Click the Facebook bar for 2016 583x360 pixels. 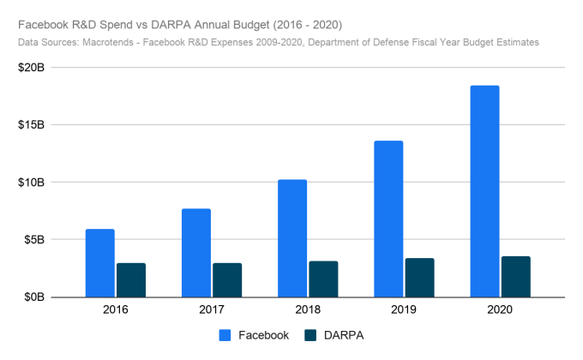tap(99, 263)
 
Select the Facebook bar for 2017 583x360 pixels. tap(195, 253)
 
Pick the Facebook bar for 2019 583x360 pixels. tap(388, 219)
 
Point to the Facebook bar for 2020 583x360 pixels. tap(484, 191)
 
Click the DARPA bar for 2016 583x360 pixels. tap(131, 280)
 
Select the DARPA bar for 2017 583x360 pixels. tap(227, 280)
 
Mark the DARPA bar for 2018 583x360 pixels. tap(323, 279)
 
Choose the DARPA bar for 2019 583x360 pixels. tap(419, 278)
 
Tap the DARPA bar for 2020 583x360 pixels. tap(516, 277)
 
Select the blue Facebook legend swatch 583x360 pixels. tap(227, 335)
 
